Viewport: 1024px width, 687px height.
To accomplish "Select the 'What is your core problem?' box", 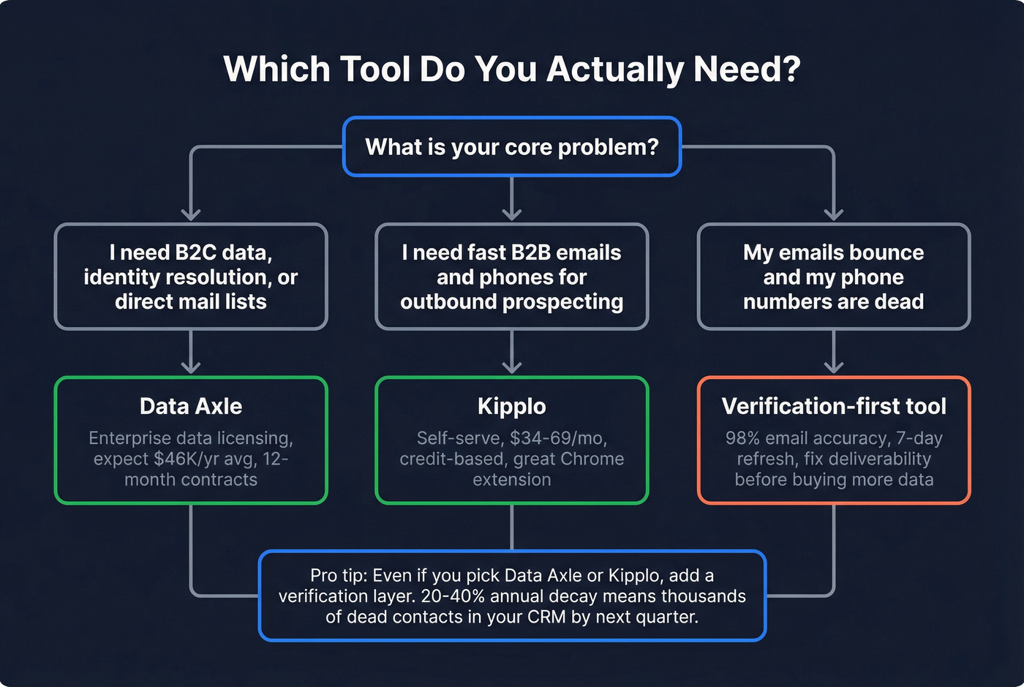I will click(512, 147).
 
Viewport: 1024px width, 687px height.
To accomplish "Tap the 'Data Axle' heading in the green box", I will click(191, 406).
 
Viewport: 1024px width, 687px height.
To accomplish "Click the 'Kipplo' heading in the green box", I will click(512, 406).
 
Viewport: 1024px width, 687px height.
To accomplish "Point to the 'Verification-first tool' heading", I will click(834, 406).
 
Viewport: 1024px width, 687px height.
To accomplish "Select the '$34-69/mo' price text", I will click(558, 438).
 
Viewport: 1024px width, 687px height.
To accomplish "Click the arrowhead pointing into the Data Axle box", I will click(191, 366).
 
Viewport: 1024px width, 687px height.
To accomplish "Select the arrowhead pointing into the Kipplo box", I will click(512, 366).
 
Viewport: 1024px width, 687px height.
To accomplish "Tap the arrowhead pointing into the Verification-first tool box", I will click(834, 366).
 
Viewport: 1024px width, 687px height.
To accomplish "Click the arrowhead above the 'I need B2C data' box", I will click(191, 214).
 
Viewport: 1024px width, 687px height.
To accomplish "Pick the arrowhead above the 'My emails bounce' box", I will click(834, 214).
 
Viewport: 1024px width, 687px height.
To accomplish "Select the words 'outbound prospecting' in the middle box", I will click(512, 302).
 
